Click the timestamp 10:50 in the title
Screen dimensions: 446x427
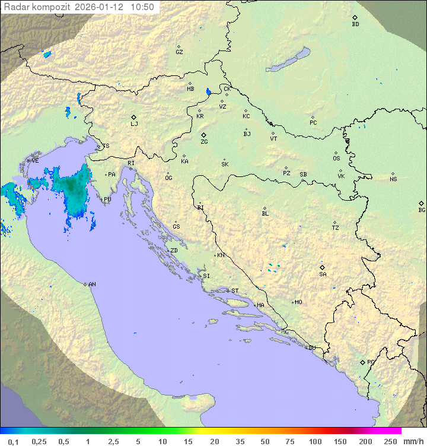(x=142, y=7)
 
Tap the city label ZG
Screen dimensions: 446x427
(x=204, y=142)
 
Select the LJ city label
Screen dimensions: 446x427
(x=134, y=124)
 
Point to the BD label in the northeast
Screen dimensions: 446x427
(x=355, y=24)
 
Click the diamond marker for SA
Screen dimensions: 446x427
(x=322, y=267)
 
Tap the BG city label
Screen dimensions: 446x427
(x=422, y=210)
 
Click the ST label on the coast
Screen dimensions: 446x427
(x=235, y=291)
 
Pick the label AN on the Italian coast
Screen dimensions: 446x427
(x=92, y=284)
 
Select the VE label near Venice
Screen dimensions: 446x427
(x=35, y=161)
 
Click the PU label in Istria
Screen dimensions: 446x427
(x=107, y=200)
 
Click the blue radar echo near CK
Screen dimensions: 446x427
(x=208, y=92)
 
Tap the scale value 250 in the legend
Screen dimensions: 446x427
(x=390, y=441)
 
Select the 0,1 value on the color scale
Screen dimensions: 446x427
(x=13, y=441)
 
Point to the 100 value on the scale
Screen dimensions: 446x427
(x=315, y=441)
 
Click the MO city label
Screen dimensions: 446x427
(x=298, y=302)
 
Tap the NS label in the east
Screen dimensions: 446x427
(x=393, y=179)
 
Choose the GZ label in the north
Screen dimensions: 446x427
(x=179, y=52)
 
